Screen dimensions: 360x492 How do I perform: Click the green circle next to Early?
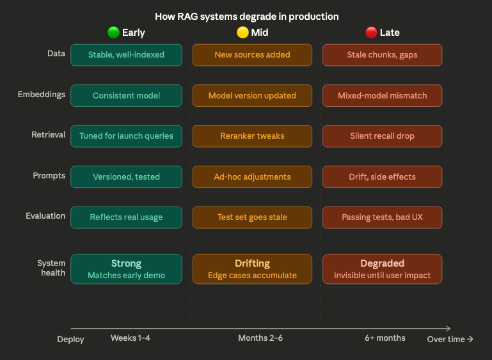pyautogui.click(x=114, y=32)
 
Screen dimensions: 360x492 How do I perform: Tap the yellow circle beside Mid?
pyautogui.click(x=242, y=32)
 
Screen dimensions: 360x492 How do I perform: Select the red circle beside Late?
pyautogui.click(x=371, y=32)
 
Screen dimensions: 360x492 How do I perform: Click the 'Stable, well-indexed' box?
pyautogui.click(x=126, y=54)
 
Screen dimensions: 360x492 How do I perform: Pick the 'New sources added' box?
pyautogui.click(x=252, y=54)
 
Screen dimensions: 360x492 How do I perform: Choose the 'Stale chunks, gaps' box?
pyautogui.click(x=382, y=54)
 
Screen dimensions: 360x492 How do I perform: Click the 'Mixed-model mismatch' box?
pyautogui.click(x=382, y=95)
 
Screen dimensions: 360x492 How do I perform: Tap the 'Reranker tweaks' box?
pyautogui.click(x=252, y=136)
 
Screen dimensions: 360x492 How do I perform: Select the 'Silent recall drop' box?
pyautogui.click(x=382, y=136)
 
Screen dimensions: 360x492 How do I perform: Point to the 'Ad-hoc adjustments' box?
pyautogui.click(x=252, y=176)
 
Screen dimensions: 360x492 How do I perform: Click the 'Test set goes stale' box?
pyautogui.click(x=252, y=217)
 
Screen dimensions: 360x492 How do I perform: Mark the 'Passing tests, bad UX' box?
pyautogui.click(x=382, y=217)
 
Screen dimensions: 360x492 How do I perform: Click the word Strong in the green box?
pyautogui.click(x=126, y=263)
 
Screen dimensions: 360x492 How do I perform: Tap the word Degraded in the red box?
pyautogui.click(x=382, y=263)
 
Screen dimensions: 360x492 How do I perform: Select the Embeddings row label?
pyautogui.click(x=42, y=95)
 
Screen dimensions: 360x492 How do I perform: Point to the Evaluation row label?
pyautogui.click(x=45, y=216)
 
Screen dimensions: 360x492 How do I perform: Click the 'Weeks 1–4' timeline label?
pyautogui.click(x=131, y=338)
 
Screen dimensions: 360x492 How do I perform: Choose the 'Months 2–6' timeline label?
pyautogui.click(x=260, y=338)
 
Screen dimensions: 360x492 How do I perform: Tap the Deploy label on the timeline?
pyautogui.click(x=70, y=339)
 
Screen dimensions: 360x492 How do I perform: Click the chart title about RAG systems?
pyautogui.click(x=247, y=16)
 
